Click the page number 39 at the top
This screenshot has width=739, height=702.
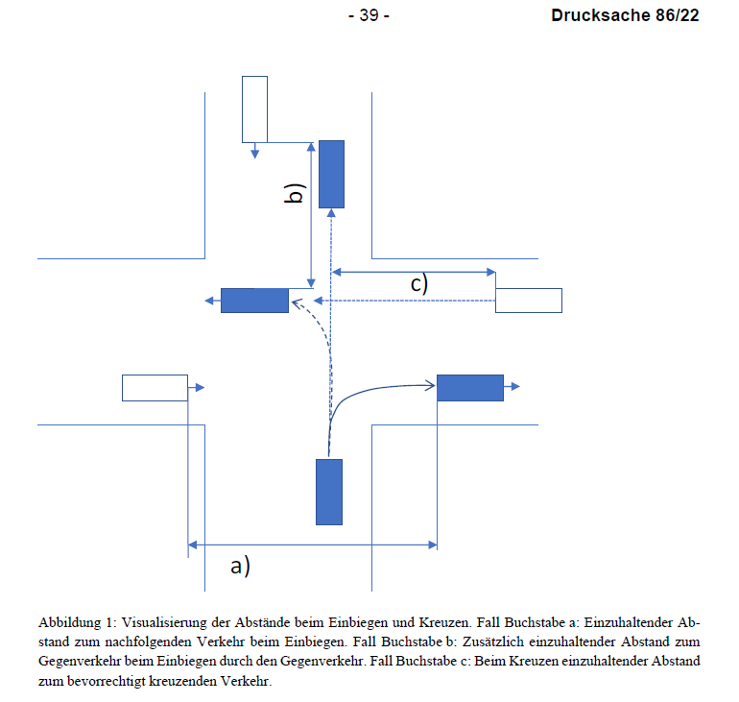tap(369, 15)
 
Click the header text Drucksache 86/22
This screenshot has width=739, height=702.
tap(625, 15)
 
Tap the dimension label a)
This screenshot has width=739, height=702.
tap(240, 566)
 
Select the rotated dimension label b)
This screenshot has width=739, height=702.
tap(295, 193)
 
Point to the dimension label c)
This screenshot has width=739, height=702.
tap(419, 284)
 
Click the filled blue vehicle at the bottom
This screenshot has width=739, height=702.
tap(329, 492)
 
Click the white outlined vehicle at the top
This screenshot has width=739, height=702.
tap(254, 109)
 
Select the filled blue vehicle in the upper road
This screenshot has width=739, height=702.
tap(331, 174)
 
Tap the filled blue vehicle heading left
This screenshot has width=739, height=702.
tap(254, 301)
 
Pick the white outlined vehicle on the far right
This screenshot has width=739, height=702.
tap(528, 301)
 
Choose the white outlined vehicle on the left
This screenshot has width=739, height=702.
tap(155, 388)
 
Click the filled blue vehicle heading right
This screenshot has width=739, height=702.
tap(470, 388)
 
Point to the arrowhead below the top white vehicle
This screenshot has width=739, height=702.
tap(254, 154)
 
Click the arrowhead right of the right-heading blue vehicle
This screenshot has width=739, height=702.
tap(515, 387)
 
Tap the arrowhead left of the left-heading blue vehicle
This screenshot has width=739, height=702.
tap(209, 301)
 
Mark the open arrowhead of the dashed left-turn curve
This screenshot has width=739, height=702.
tap(297, 303)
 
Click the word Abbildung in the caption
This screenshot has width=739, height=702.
tap(69, 623)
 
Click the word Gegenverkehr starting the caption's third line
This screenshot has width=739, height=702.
tap(80, 661)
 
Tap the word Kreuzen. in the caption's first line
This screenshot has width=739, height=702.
tap(445, 622)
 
